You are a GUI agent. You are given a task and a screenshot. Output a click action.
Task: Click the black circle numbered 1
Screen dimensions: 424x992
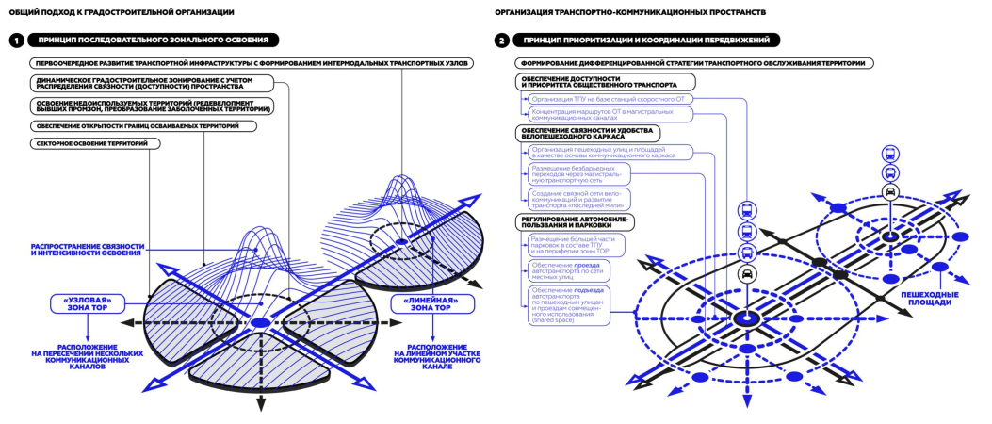click(x=16, y=41)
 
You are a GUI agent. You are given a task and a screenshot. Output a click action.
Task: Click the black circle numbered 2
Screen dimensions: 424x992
click(x=503, y=41)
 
